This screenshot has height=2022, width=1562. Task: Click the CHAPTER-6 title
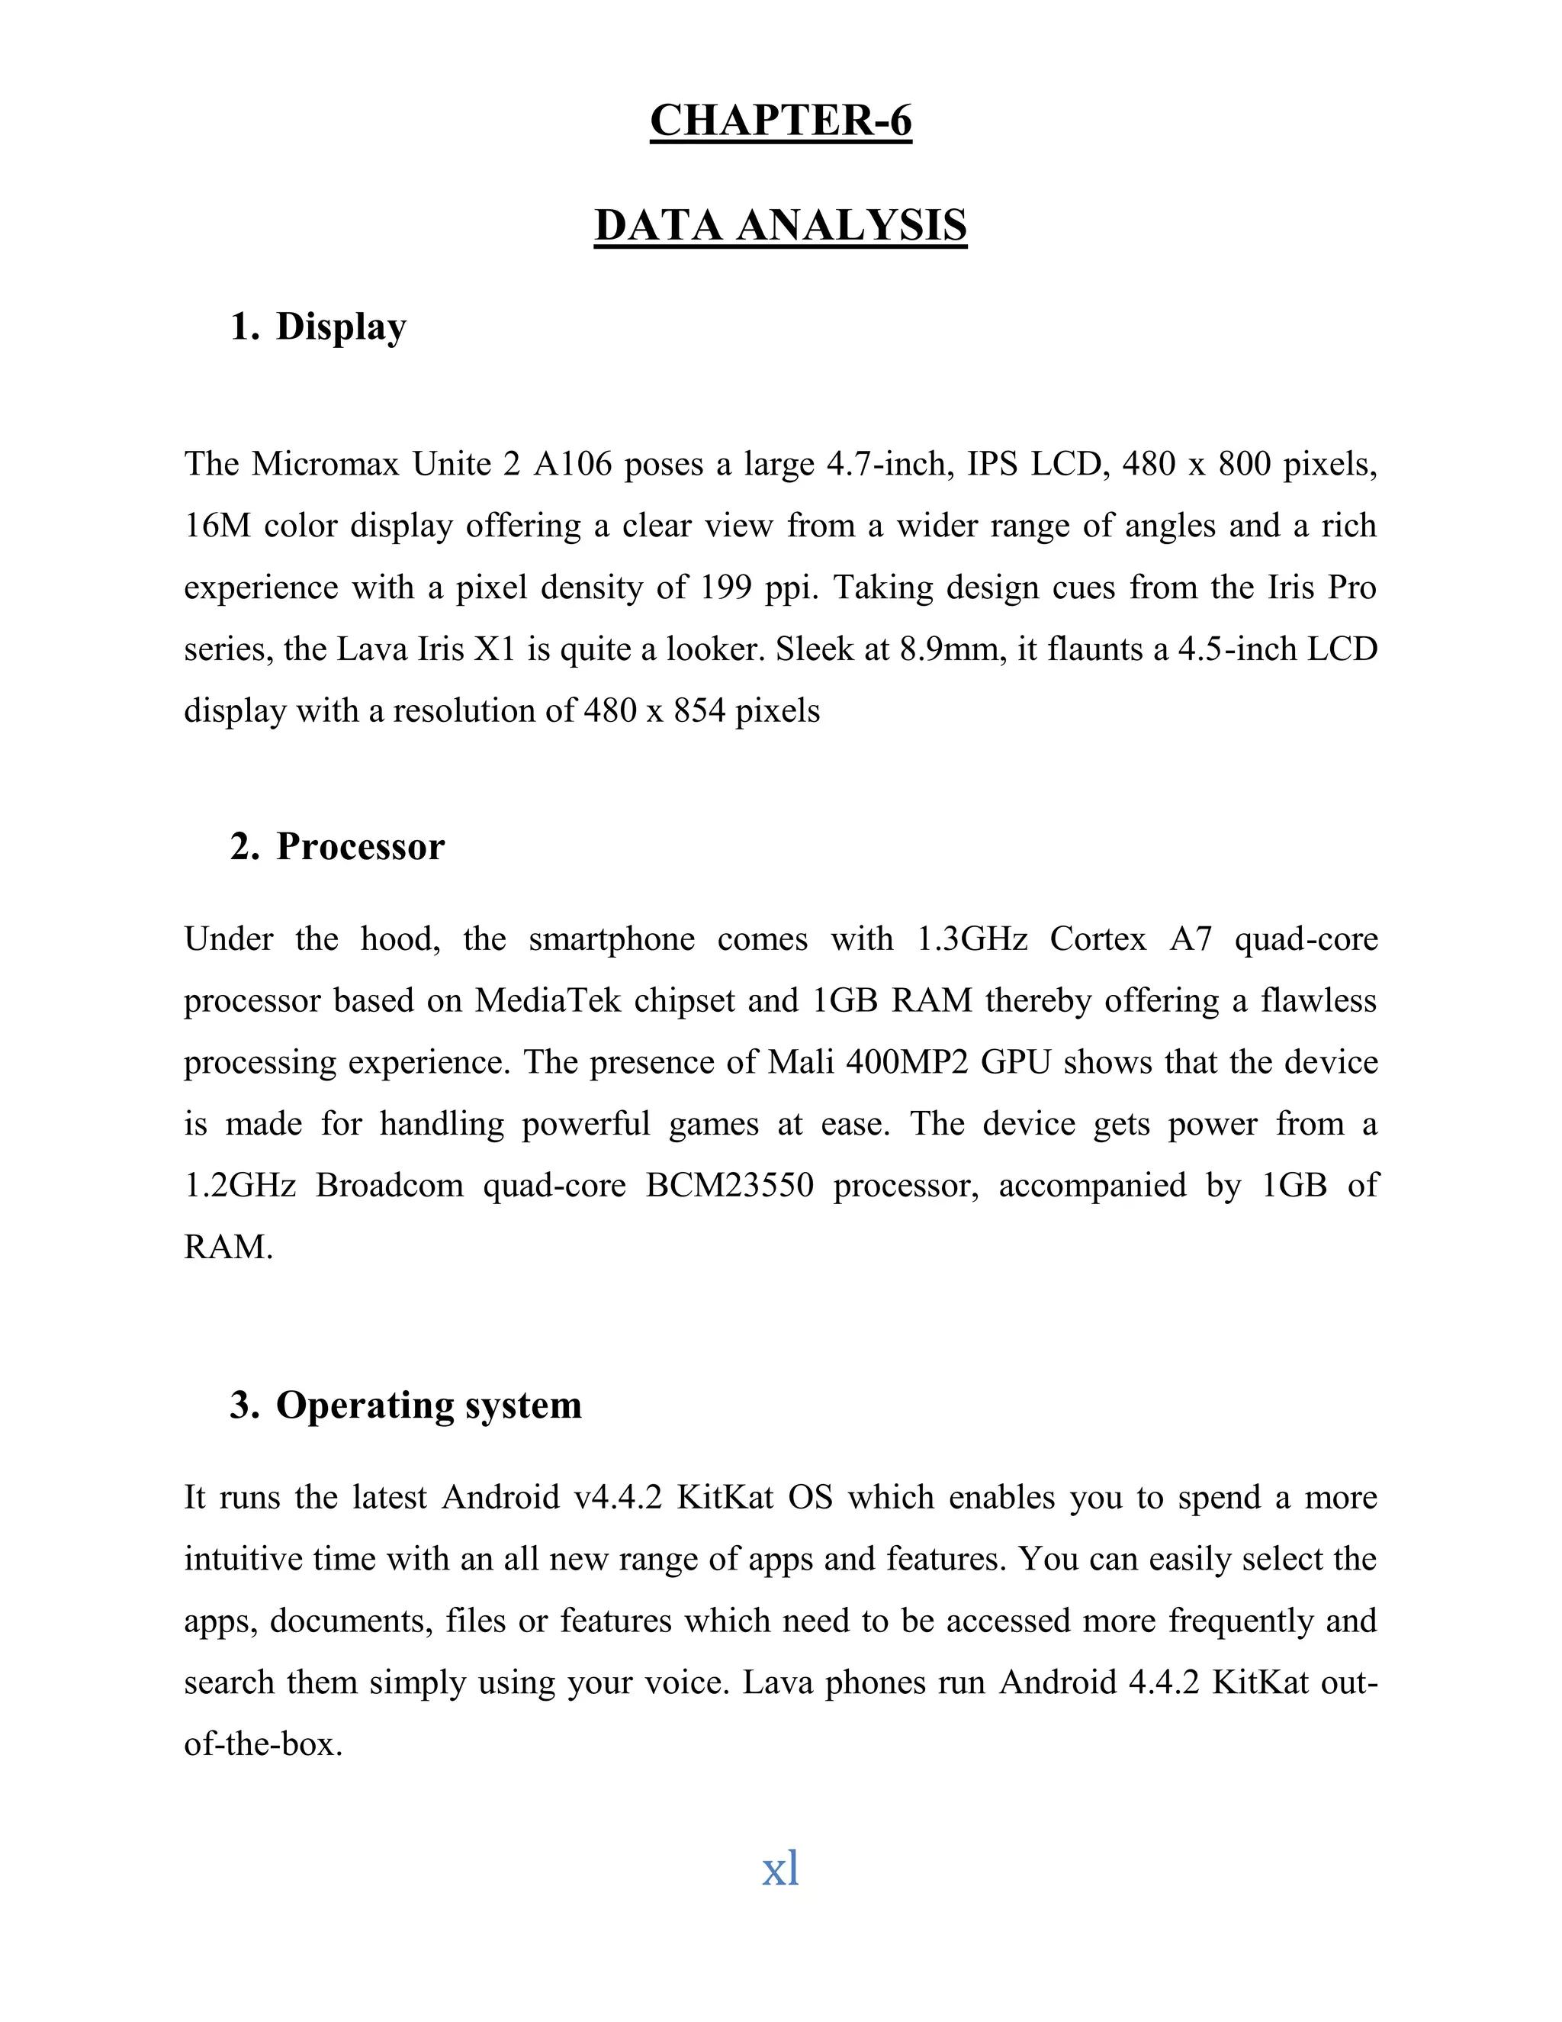(780, 121)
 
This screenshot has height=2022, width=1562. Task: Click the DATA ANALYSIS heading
(780, 227)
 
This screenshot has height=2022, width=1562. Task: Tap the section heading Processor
(360, 847)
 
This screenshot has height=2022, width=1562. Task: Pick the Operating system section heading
(429, 1405)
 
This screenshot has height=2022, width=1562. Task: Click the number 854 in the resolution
(699, 711)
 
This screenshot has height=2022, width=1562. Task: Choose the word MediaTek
(547, 1001)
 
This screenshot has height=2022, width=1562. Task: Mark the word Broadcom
(389, 1186)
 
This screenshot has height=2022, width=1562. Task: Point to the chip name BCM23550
(729, 1186)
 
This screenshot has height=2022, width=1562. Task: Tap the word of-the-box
(263, 1744)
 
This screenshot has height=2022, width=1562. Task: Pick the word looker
(715, 650)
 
